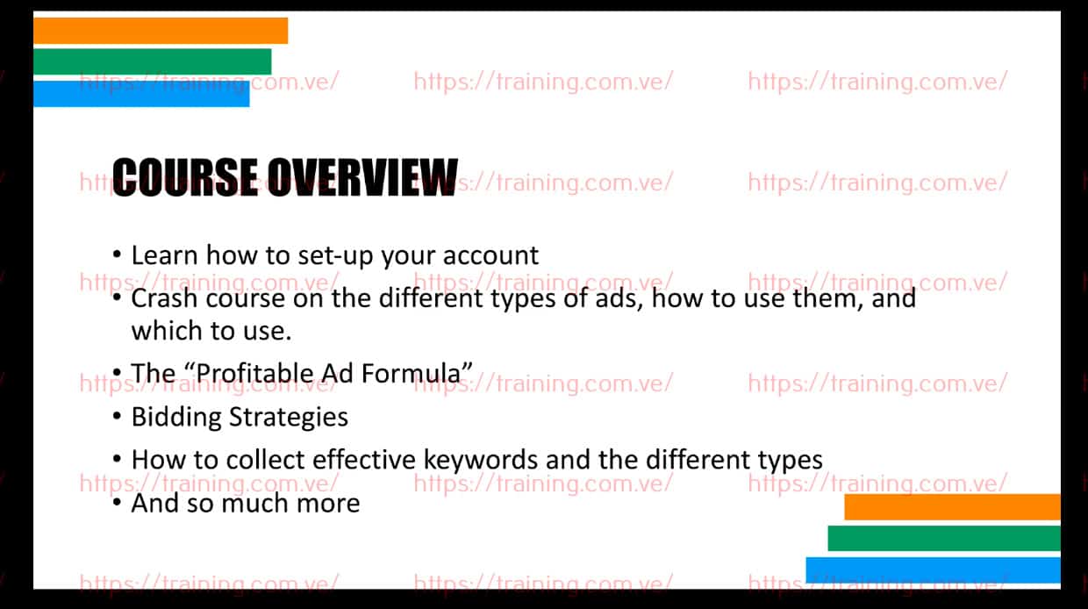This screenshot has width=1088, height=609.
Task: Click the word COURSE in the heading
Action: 184,178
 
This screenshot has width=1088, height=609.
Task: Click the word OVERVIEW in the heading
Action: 362,178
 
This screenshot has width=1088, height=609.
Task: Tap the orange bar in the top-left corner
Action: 161,31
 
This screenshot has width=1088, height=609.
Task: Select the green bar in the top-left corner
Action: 153,61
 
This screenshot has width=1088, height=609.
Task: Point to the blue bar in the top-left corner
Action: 141,94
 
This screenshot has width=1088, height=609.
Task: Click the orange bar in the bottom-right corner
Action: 952,507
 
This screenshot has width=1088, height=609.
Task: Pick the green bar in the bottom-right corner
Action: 944,538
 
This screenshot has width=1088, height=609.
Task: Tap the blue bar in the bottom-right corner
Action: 933,570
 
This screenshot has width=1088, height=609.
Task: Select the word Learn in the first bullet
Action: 164,255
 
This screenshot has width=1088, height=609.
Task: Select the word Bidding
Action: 176,417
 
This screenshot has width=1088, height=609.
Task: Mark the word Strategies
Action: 289,417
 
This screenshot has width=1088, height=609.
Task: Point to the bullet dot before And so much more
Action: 117,502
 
